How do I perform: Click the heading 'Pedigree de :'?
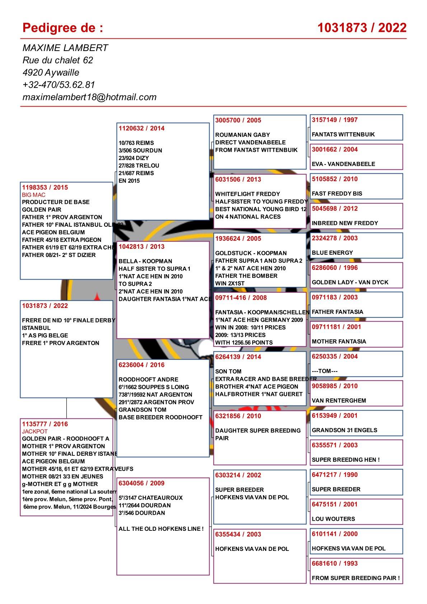63,28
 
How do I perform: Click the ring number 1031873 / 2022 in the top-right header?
362,28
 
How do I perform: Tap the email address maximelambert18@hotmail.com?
89,97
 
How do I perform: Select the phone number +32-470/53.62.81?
58,85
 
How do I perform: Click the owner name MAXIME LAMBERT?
65,48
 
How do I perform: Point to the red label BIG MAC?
34,195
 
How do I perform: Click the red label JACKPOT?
35,431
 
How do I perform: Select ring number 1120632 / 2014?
141,128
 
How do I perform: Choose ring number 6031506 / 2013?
238,179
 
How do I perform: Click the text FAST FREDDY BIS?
337,193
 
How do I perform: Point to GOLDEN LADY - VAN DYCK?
350,282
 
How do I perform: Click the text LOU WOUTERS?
333,519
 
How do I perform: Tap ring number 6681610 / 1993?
335,563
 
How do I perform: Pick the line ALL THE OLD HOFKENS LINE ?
161,529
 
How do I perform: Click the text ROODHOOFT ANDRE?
148,379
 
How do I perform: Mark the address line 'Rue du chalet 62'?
58,60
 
